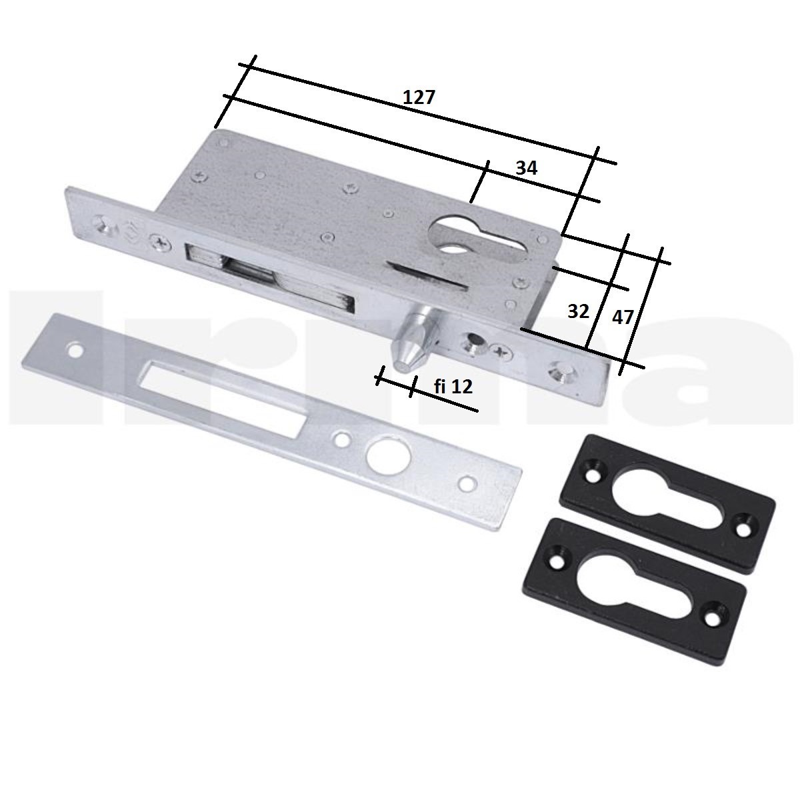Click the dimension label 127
click(419, 97)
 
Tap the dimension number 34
click(527, 168)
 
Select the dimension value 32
click(578, 311)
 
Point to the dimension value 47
click(623, 317)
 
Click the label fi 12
click(453, 387)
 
